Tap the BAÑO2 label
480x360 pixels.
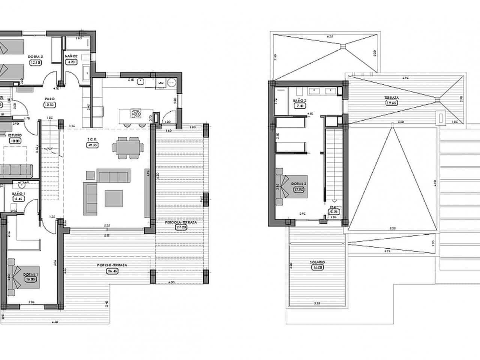(x=71, y=56)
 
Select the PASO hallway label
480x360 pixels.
(x=50, y=99)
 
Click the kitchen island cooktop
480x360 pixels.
(x=136, y=113)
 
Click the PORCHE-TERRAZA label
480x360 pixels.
(x=112, y=265)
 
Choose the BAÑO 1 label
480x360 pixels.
(x=18, y=193)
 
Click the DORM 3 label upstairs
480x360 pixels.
(x=299, y=184)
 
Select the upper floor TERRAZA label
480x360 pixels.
(x=391, y=98)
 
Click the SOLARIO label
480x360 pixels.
(x=317, y=262)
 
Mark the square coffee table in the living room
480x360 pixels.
(x=114, y=199)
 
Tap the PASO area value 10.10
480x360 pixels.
(x=50, y=105)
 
